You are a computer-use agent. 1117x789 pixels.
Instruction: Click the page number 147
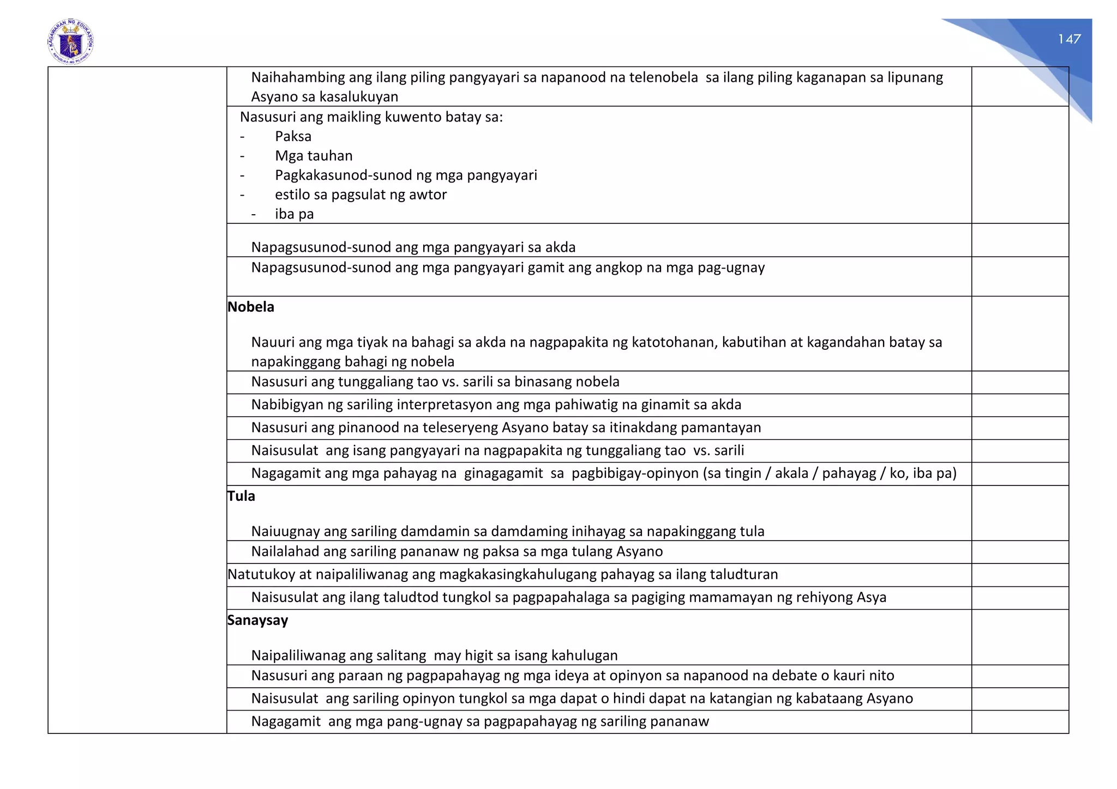point(1069,39)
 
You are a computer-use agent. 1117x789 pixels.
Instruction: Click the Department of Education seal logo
point(70,42)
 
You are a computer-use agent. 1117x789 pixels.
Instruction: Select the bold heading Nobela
point(251,307)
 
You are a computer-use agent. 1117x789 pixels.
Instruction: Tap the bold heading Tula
point(241,496)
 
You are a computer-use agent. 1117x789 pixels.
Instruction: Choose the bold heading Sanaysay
point(257,620)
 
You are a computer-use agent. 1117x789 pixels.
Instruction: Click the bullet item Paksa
point(293,136)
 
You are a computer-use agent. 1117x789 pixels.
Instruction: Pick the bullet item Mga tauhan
point(314,156)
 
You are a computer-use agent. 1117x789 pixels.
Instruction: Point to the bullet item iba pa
point(294,214)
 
